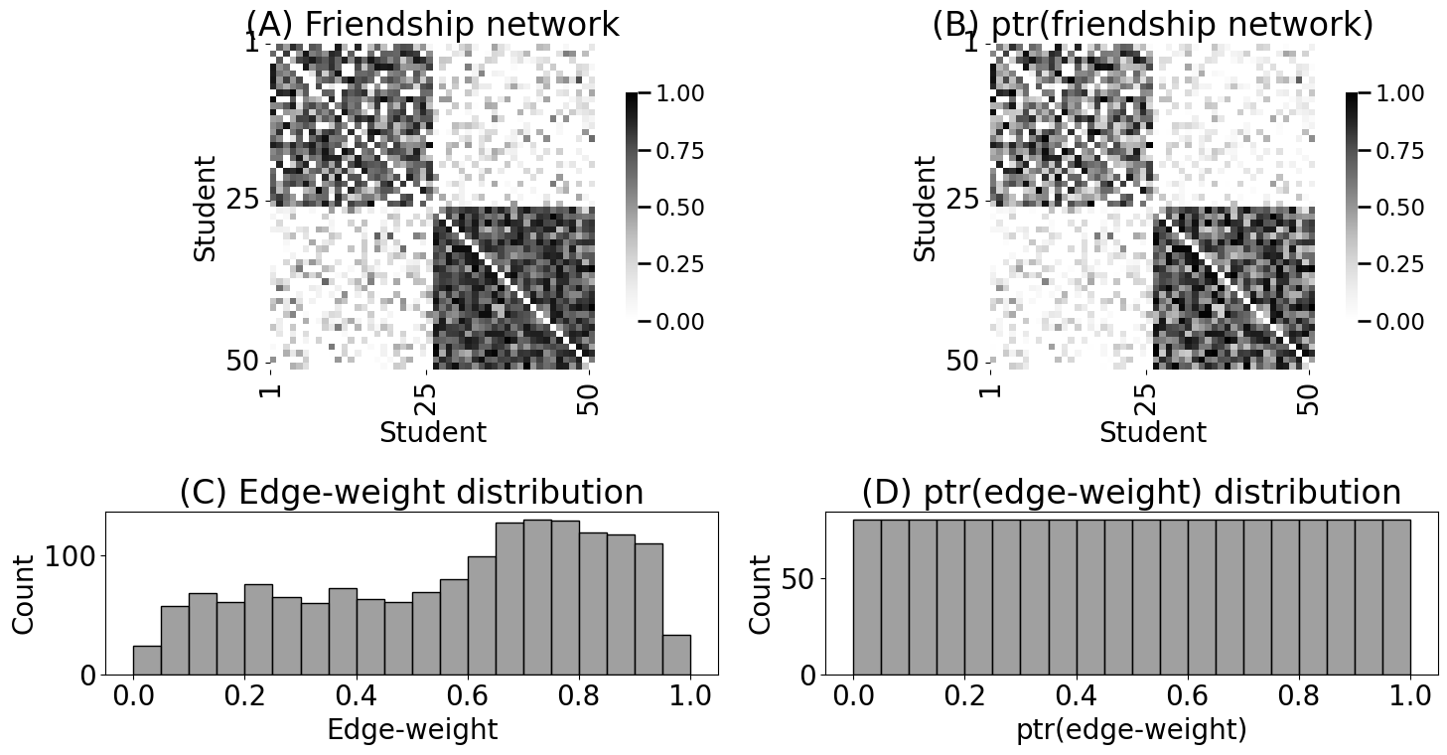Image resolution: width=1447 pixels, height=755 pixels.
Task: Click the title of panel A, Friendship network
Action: [432, 25]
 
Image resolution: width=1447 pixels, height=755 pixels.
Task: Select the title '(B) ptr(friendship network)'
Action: [1152, 25]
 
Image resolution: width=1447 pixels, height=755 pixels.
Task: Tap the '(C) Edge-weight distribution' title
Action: [411, 493]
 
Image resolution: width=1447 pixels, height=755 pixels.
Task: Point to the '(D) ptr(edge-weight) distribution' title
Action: [1131, 493]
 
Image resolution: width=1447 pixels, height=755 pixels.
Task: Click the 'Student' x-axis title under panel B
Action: [1152, 433]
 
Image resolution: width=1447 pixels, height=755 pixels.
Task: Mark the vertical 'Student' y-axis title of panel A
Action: [205, 208]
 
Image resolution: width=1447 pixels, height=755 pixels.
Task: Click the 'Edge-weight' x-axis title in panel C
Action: [411, 730]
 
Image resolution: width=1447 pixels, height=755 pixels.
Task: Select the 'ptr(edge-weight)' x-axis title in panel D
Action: [1131, 730]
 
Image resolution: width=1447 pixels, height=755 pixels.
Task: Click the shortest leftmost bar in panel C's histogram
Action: [147, 661]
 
